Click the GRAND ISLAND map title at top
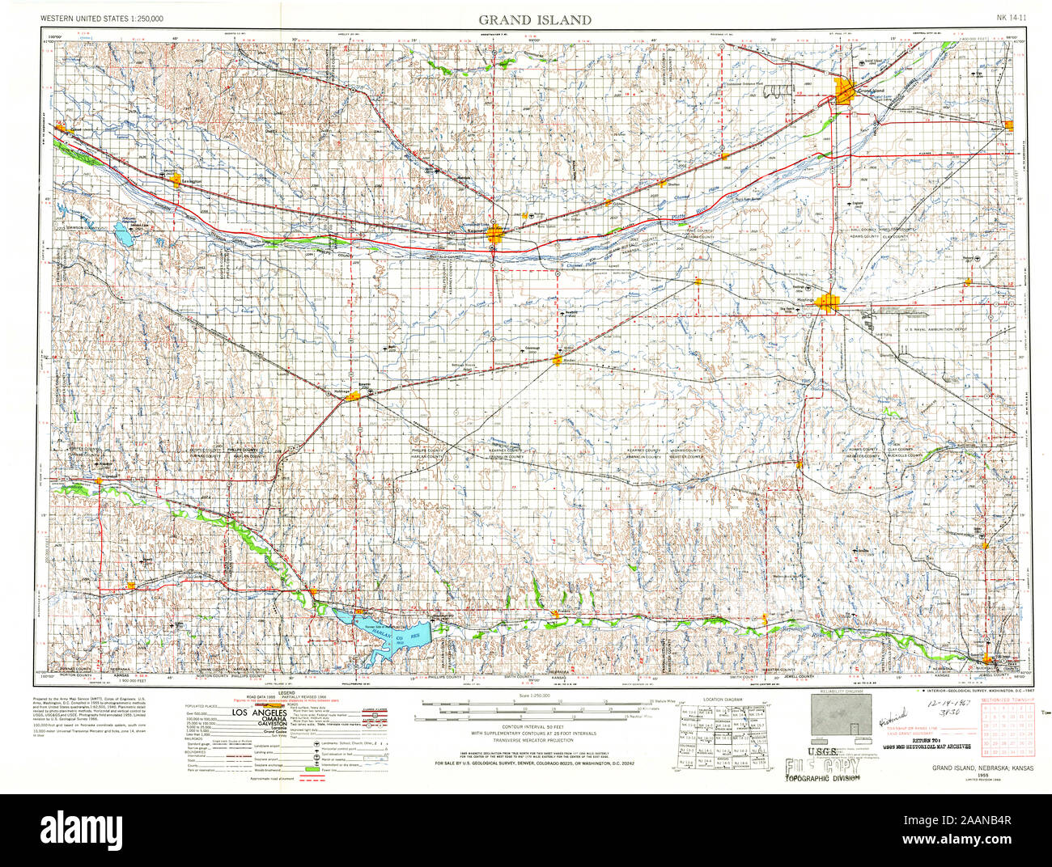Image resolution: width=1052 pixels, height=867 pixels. pyautogui.click(x=534, y=19)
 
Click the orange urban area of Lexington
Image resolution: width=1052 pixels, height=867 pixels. pyautogui.click(x=177, y=180)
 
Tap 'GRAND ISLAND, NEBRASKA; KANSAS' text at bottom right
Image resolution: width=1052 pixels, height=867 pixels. pyautogui.click(x=977, y=767)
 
